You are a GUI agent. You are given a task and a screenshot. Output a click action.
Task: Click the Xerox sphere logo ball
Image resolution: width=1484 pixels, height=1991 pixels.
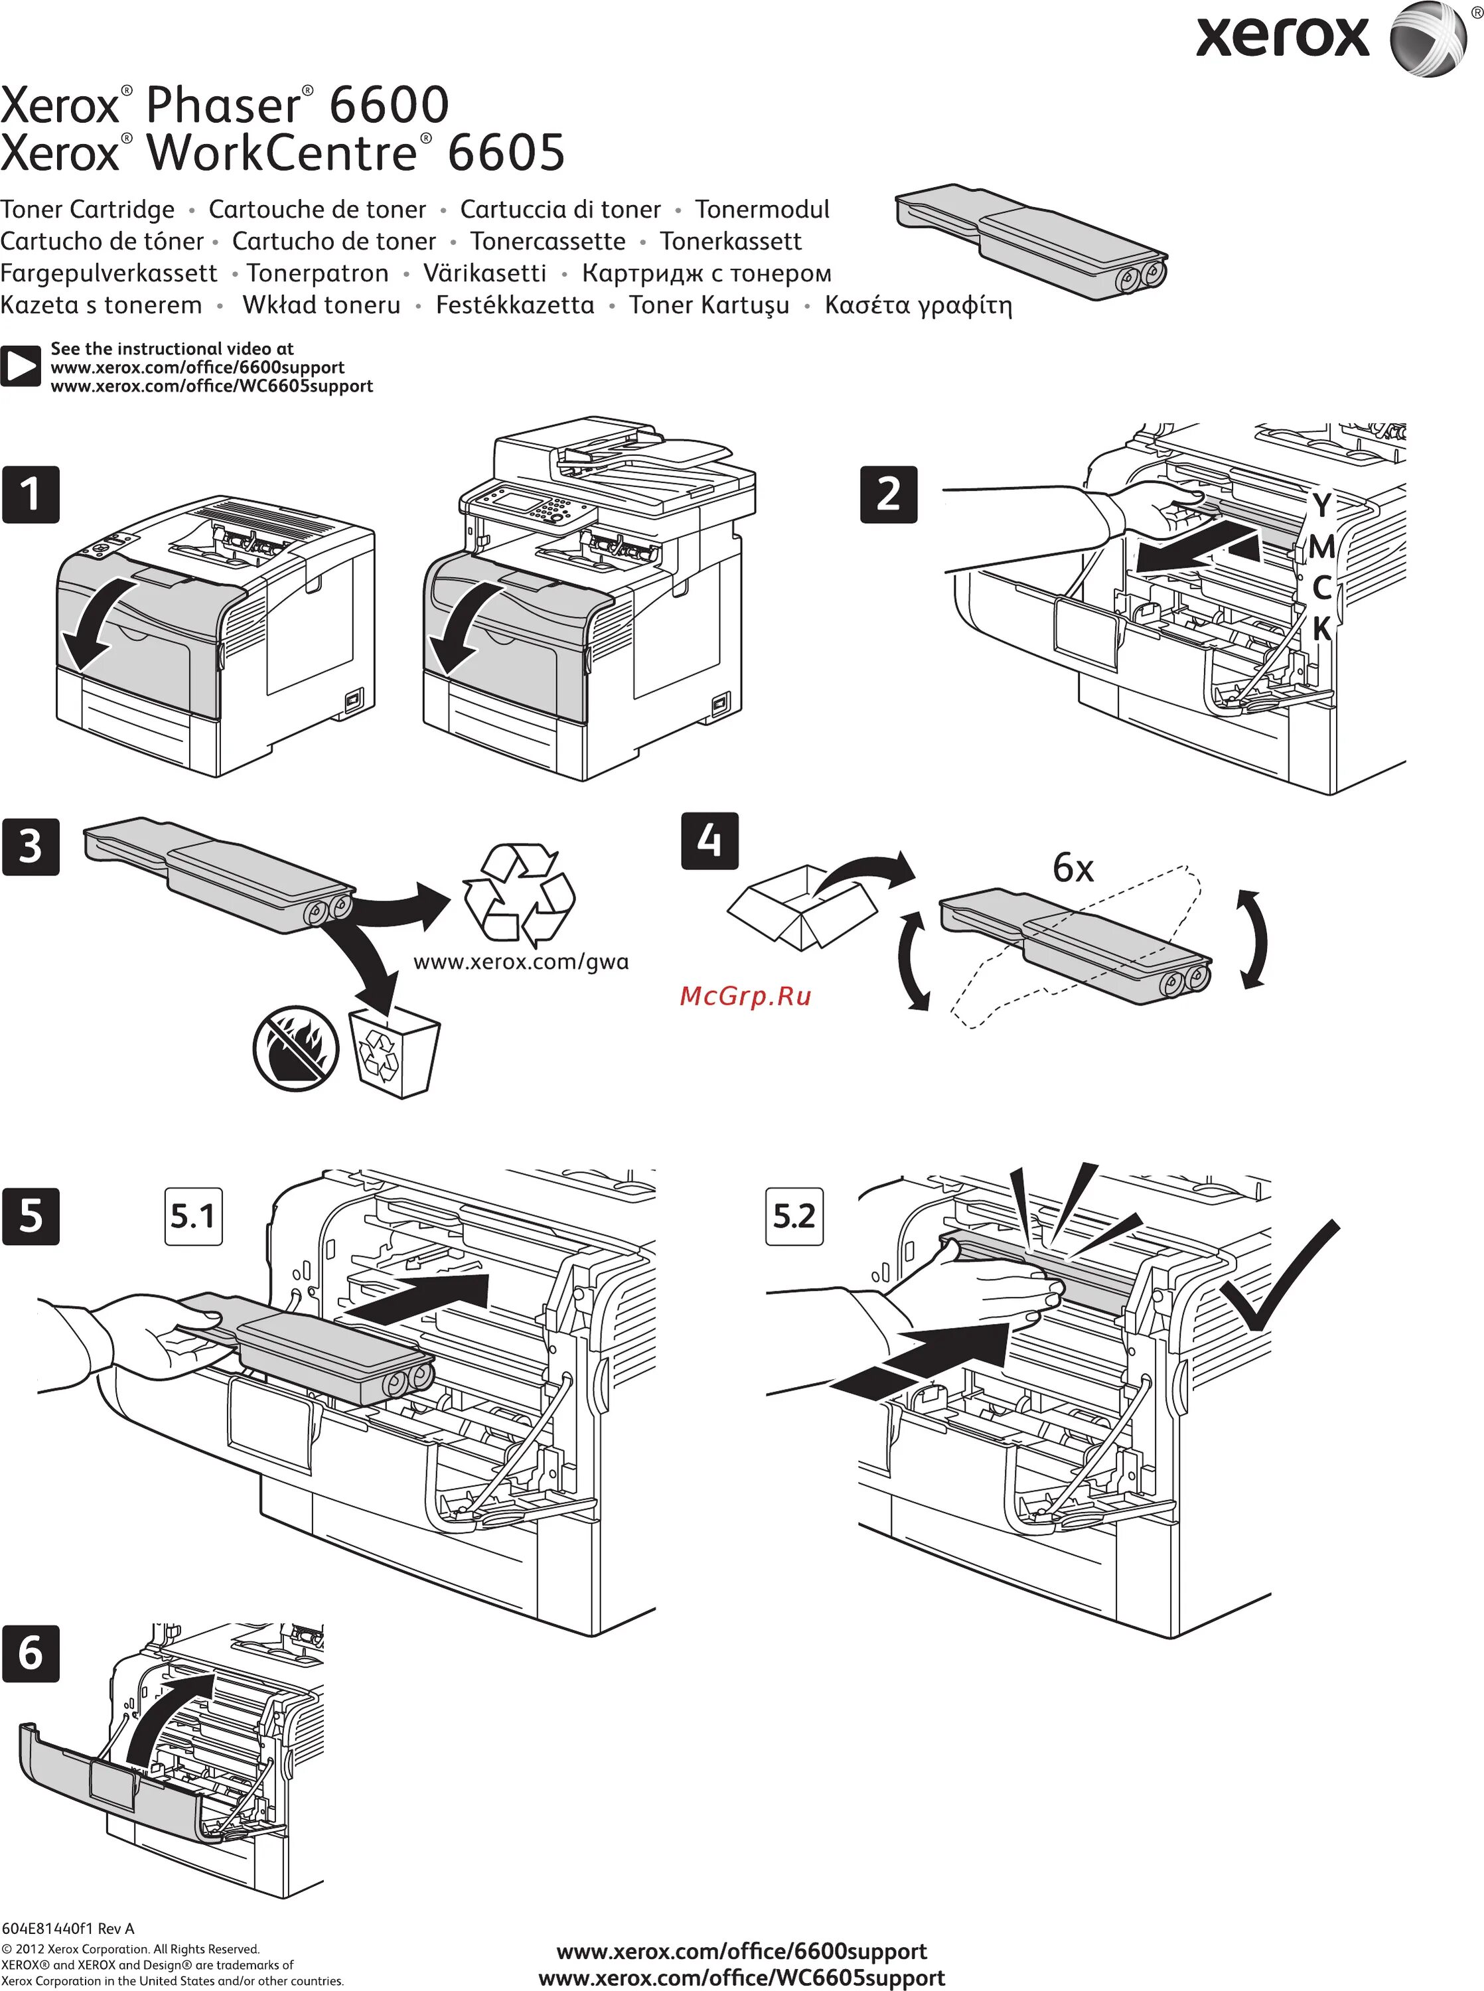(1429, 38)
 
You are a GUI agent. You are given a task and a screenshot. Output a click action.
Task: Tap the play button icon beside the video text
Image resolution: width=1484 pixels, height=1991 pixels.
(20, 366)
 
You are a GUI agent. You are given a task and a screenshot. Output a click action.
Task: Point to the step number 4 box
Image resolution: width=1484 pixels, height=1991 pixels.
(709, 841)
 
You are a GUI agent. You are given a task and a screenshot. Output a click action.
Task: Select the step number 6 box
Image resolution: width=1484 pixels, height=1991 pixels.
(31, 1653)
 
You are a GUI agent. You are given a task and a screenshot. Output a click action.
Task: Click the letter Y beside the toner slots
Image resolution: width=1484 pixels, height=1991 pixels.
(1321, 506)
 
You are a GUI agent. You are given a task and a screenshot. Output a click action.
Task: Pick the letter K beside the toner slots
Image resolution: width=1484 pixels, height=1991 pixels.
(1321, 628)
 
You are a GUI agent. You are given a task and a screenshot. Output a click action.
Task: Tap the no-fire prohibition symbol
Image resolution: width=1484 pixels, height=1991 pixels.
(295, 1047)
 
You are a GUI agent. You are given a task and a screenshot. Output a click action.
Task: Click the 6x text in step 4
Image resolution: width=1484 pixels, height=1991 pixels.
(1073, 867)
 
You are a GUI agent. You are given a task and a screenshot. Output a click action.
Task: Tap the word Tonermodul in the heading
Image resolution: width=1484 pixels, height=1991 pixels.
(762, 209)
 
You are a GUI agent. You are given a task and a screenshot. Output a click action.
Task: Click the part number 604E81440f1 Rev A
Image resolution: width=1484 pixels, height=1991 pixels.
(68, 1928)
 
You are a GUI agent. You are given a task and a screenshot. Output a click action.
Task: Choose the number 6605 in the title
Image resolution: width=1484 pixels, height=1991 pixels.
(506, 153)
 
